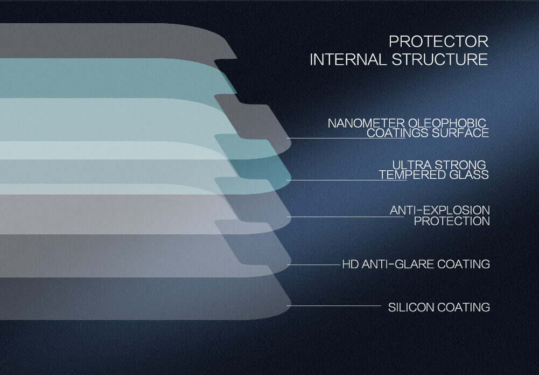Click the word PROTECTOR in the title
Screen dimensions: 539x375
point(439,41)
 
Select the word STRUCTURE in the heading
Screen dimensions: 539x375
point(440,59)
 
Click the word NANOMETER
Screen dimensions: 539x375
point(366,123)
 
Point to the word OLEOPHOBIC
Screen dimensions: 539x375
point(447,123)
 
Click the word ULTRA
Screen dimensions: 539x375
point(412,165)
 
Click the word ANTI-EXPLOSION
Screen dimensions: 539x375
point(440,210)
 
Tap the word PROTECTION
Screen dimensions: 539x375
point(452,221)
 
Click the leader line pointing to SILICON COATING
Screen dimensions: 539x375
point(334,305)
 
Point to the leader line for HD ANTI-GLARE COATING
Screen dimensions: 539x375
point(313,265)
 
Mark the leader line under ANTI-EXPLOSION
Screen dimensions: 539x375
point(346,217)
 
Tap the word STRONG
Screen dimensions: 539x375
point(460,165)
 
